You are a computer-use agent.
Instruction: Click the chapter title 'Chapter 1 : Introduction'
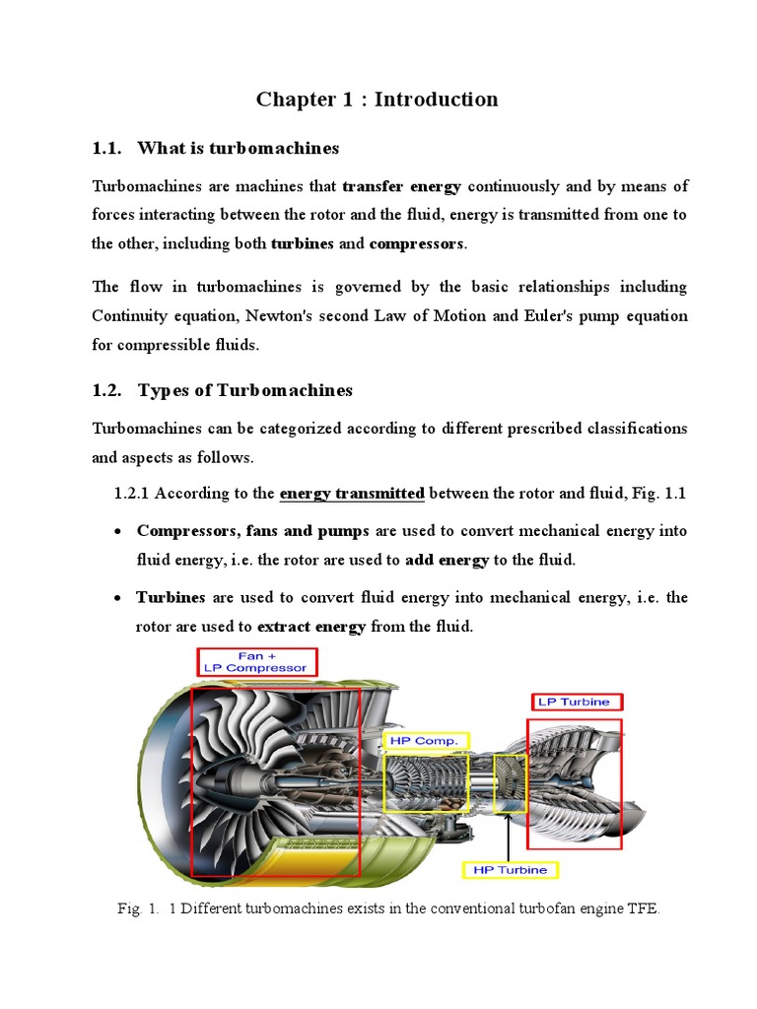point(378,100)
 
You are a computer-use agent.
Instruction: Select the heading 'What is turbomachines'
point(239,148)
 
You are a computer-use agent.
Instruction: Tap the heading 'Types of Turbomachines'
point(244,390)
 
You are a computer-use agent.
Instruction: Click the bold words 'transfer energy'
point(401,186)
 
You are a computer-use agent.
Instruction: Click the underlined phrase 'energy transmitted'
point(352,494)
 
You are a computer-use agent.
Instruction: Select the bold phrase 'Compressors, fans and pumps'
point(252,531)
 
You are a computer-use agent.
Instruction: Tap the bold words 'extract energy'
point(311,627)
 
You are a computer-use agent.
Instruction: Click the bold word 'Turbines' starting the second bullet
point(171,598)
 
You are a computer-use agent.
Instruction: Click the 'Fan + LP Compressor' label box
point(256,661)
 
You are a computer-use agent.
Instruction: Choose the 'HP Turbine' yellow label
point(511,870)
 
